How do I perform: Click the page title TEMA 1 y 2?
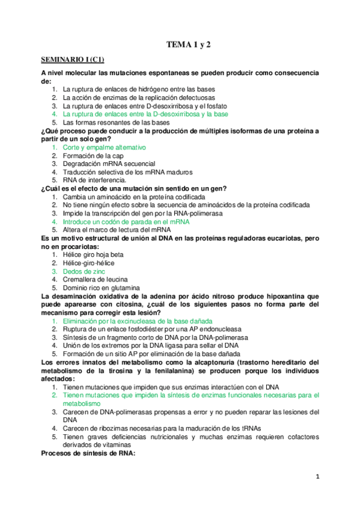[x=188, y=45]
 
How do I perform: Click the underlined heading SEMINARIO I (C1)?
[x=72, y=60]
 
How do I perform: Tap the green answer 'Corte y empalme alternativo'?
[x=103, y=147]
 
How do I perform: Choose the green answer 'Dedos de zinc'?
[x=84, y=272]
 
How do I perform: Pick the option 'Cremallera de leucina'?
[x=94, y=280]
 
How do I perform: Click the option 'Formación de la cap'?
[x=92, y=156]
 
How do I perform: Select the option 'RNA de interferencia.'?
[x=94, y=180]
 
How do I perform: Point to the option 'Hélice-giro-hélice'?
[x=88, y=263]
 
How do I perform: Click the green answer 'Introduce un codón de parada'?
[x=126, y=222]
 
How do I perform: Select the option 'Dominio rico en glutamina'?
[x=100, y=288]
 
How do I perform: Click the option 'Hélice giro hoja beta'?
[x=93, y=255]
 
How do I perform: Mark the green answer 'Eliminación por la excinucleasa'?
[x=138, y=322]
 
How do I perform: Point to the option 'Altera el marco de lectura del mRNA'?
[x=117, y=230]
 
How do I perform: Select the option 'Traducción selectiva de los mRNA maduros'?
[x=127, y=172]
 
